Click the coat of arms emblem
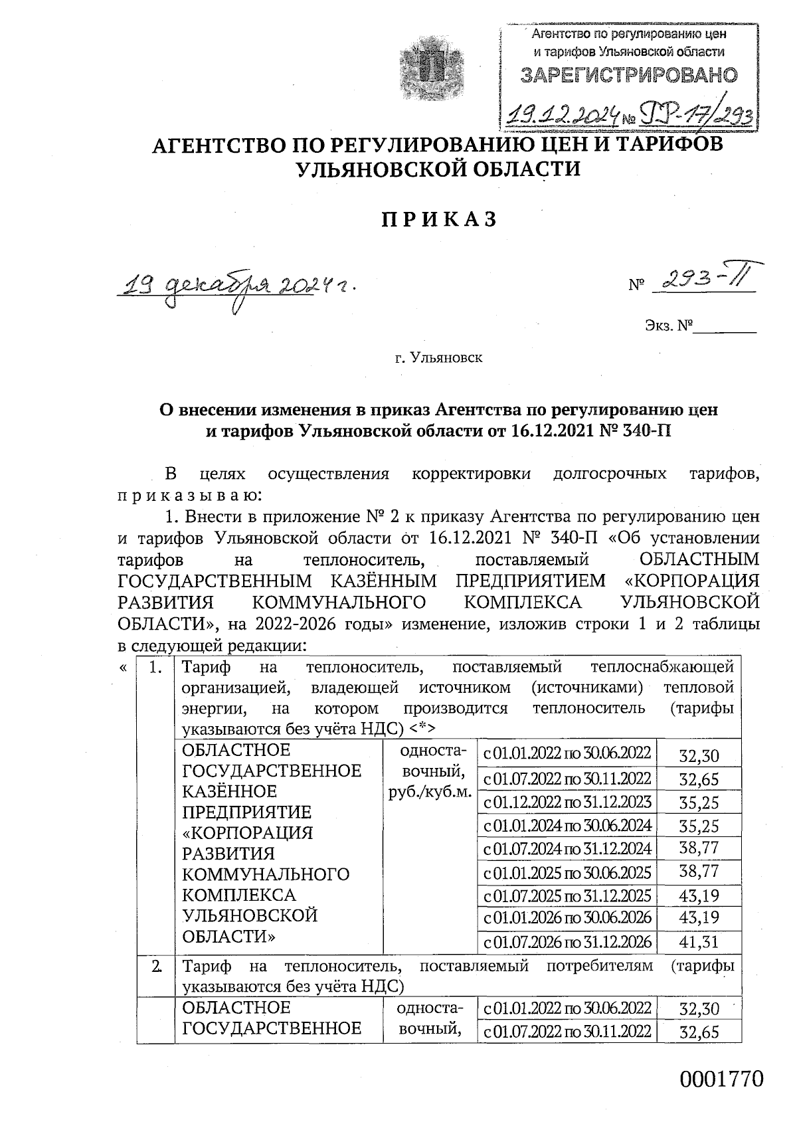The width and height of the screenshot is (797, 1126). click(x=427, y=66)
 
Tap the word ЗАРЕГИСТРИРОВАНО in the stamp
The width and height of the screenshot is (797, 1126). click(x=628, y=75)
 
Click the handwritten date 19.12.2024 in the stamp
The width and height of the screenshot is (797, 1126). click(x=562, y=116)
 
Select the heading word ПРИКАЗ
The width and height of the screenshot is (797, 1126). click(x=438, y=220)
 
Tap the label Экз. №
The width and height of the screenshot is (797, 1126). click(x=668, y=326)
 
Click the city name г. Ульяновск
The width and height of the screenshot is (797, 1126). click(x=438, y=359)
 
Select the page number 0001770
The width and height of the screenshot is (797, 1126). click(x=721, y=1079)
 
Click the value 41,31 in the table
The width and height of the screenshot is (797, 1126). click(x=699, y=941)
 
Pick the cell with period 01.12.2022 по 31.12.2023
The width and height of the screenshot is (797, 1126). click(x=567, y=802)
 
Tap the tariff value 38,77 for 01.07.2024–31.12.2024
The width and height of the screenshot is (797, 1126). click(x=699, y=848)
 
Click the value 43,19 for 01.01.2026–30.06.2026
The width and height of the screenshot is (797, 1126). click(x=699, y=918)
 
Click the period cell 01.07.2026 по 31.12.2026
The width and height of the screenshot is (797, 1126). click(x=567, y=941)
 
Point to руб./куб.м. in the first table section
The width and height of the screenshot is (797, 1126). click(x=429, y=793)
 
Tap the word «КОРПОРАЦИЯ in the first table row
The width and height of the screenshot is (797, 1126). click(x=247, y=833)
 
